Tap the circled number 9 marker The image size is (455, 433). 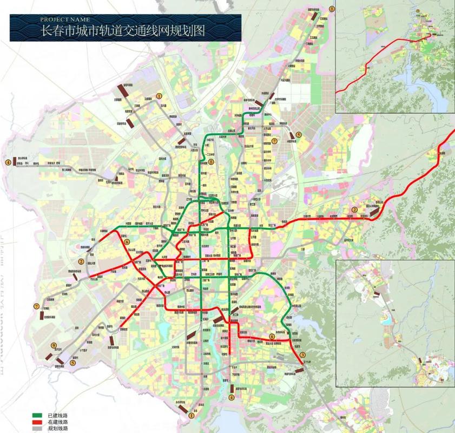click(54, 346)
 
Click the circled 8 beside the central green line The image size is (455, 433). click(212, 161)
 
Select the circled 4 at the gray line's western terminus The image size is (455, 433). click(8, 161)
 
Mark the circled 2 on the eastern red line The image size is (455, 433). click(355, 209)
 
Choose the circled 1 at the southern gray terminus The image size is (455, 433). click(191, 416)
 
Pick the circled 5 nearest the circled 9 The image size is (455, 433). click(72, 363)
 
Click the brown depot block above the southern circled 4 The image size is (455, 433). click(232, 389)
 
